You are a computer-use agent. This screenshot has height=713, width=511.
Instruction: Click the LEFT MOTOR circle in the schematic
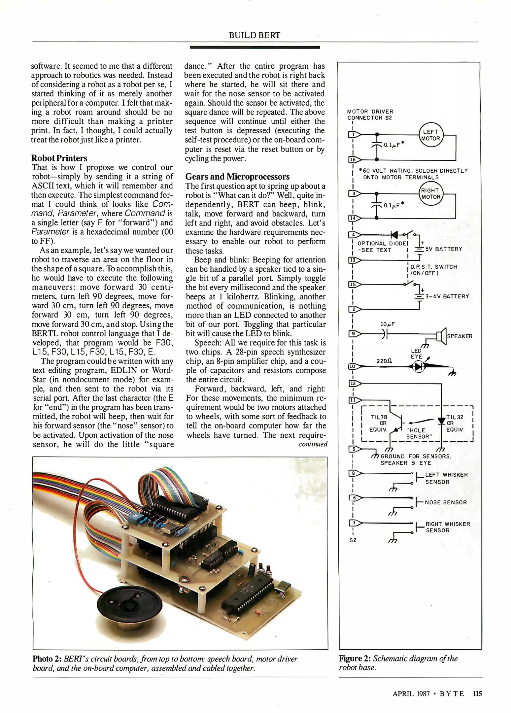(431, 135)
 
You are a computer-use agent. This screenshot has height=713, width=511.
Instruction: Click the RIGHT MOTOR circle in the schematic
(431, 194)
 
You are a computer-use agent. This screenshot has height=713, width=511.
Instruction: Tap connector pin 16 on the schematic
(353, 160)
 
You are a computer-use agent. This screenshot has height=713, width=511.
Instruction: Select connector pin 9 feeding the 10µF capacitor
(353, 334)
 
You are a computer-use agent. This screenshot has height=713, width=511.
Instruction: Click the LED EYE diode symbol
(419, 366)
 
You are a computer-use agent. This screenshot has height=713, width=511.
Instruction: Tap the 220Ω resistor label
(384, 361)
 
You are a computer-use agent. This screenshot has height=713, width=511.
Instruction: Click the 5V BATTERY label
(444, 249)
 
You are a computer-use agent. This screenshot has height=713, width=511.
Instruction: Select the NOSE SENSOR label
(446, 502)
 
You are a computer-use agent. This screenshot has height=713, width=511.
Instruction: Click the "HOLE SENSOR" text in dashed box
(419, 433)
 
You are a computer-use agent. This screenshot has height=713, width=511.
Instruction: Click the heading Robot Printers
(59, 158)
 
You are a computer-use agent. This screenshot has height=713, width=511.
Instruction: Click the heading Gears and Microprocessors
(237, 177)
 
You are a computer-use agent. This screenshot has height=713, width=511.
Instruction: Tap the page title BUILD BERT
(255, 35)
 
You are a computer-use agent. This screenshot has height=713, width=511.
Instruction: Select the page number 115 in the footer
(477, 694)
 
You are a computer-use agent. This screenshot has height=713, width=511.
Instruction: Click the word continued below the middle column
(313, 444)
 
